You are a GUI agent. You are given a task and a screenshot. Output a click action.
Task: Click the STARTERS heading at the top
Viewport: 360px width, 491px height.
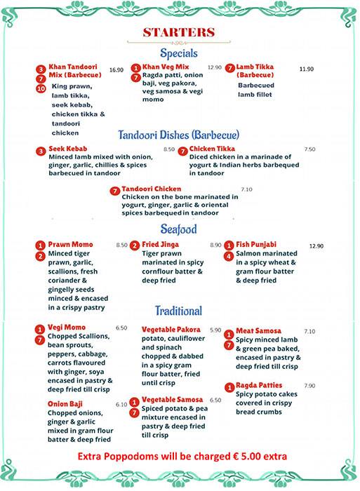click(x=179, y=32)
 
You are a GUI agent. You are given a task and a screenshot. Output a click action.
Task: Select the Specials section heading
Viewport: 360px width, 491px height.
click(x=179, y=53)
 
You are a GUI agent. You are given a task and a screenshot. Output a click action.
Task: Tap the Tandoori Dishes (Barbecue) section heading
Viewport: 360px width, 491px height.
click(x=179, y=135)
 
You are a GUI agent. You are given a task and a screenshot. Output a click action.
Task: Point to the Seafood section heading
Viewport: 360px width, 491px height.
click(x=178, y=229)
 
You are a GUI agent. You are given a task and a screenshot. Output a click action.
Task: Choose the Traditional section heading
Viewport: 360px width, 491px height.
click(x=178, y=311)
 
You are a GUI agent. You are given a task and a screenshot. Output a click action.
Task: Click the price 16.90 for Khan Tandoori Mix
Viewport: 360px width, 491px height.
click(x=116, y=70)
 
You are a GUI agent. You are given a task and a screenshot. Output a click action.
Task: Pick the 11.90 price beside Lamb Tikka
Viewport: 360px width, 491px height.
click(x=306, y=69)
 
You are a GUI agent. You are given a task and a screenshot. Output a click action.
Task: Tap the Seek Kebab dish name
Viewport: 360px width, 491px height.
click(x=67, y=150)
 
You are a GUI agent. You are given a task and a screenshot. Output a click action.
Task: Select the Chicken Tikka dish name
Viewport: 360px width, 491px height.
click(x=212, y=149)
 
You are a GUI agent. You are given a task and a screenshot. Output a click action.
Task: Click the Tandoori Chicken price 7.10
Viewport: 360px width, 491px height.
click(x=246, y=189)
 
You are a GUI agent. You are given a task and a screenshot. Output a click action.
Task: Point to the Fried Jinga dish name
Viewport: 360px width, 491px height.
click(x=161, y=245)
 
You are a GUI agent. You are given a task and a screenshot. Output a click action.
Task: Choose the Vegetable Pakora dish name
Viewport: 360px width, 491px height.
click(x=171, y=330)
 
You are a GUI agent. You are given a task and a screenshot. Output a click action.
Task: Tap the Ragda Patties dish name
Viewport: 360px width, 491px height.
click(x=259, y=386)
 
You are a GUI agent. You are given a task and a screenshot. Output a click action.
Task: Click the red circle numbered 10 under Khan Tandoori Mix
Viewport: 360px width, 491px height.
click(x=41, y=89)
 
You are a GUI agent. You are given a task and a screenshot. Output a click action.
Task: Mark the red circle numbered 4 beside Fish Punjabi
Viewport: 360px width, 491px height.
click(x=229, y=257)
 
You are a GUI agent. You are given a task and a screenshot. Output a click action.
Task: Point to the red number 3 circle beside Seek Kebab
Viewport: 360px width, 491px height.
click(x=41, y=151)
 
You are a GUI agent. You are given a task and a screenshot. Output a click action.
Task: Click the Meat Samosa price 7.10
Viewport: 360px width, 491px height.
click(x=309, y=332)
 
